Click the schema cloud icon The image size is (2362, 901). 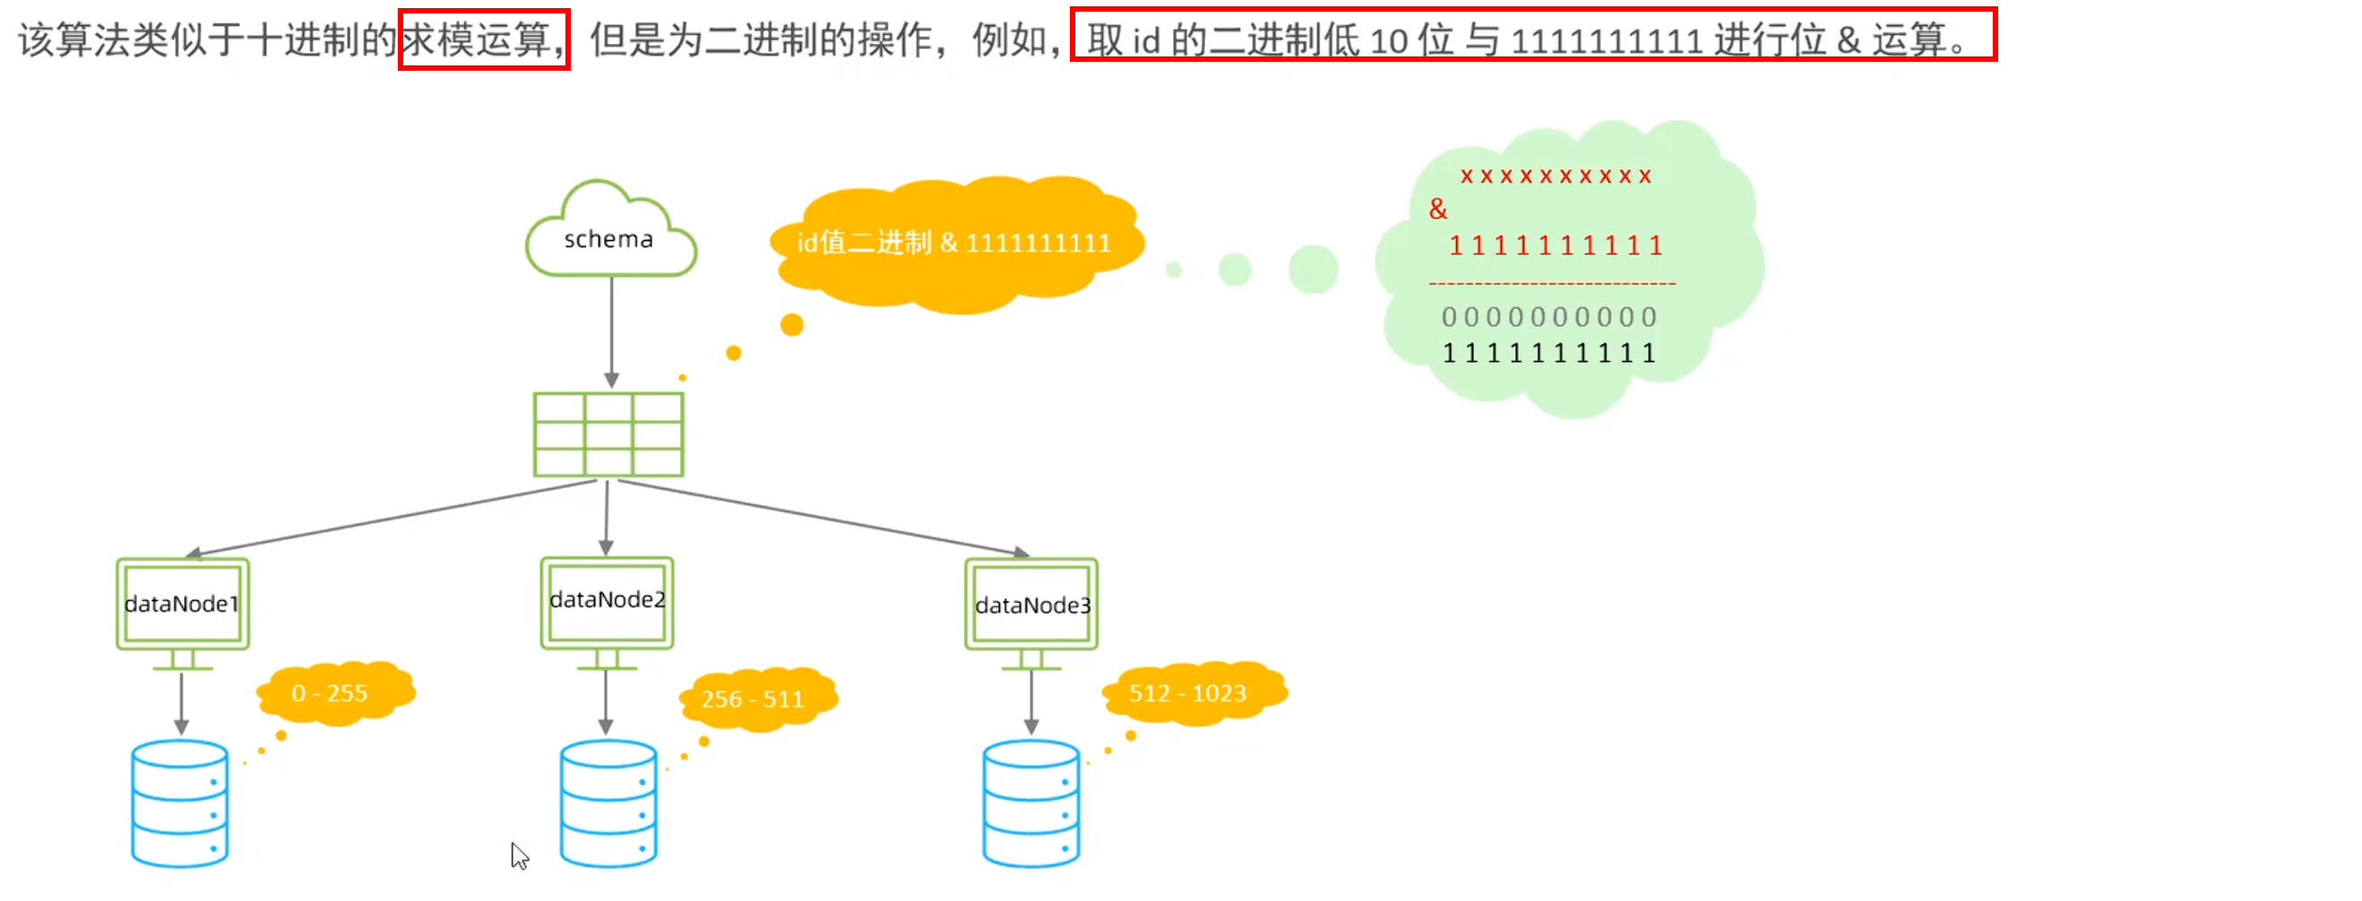pyautogui.click(x=609, y=232)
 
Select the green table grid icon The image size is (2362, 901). pyautogui.click(x=608, y=434)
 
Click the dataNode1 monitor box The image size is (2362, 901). pyautogui.click(x=183, y=604)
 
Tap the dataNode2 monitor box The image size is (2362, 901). pyautogui.click(x=607, y=601)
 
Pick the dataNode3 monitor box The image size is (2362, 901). pyautogui.click(x=1031, y=605)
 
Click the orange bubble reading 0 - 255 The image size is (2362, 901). pyautogui.click(x=332, y=693)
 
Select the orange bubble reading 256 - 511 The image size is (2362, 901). pyautogui.click(x=754, y=699)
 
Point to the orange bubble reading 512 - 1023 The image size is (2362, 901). pyautogui.click(x=1189, y=693)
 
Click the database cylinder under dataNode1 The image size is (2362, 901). pyautogui.click(x=180, y=804)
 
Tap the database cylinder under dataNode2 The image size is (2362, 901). pyautogui.click(x=608, y=804)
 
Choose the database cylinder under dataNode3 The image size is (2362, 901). pyautogui.click(x=1031, y=804)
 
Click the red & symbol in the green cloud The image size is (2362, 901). pyautogui.click(x=1438, y=210)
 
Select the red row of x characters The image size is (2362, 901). pyautogui.click(x=1556, y=176)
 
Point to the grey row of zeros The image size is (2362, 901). pyautogui.click(x=1549, y=317)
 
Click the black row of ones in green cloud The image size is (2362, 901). pyautogui.click(x=1549, y=354)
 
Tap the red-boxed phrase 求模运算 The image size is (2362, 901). pyautogui.click(x=483, y=39)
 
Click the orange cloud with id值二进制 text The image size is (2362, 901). pyautogui.click(x=953, y=243)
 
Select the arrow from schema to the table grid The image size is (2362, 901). pyautogui.click(x=612, y=330)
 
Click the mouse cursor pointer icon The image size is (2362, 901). pyautogui.click(x=519, y=855)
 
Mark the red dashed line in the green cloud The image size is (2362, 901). pyautogui.click(x=1551, y=284)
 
